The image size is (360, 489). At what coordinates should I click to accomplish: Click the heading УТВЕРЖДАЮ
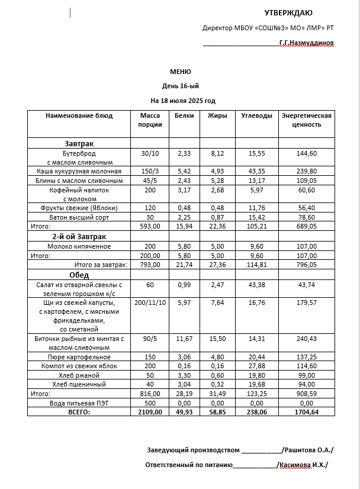288,12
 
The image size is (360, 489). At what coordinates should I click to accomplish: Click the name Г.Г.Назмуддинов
306,43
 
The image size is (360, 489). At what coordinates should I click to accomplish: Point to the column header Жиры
217,115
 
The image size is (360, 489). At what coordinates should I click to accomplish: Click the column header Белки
184,115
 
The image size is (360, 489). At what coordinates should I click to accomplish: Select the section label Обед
79,275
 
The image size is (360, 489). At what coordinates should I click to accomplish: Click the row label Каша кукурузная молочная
79,171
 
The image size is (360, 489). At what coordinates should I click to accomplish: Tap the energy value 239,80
306,171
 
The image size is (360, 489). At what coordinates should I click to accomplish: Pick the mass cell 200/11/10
150,303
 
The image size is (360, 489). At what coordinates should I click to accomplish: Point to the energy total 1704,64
306,411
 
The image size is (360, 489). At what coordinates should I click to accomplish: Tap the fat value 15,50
217,339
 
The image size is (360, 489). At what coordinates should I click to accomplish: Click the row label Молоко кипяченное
79,246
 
